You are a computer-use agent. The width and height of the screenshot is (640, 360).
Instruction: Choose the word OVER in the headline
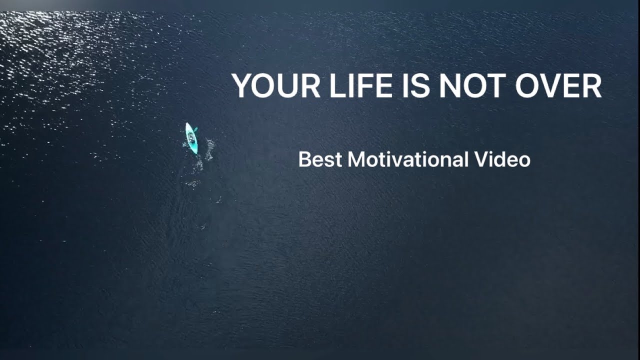click(x=558, y=86)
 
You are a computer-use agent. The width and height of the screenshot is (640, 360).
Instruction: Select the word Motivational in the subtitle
click(x=408, y=159)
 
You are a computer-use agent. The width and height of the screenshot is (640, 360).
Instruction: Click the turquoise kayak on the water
click(x=191, y=138)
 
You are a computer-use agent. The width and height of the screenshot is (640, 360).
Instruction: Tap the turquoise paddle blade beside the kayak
click(x=195, y=129)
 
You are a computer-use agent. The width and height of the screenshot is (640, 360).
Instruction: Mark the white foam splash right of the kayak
click(x=209, y=148)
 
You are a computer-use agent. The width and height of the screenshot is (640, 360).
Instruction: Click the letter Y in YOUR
click(x=242, y=86)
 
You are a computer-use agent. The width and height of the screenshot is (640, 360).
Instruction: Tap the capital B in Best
click(x=304, y=159)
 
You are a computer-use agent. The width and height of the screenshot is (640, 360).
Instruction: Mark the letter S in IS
click(x=421, y=86)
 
